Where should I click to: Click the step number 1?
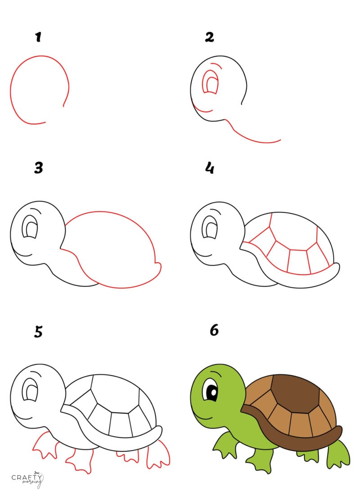39,37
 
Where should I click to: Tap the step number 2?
209,37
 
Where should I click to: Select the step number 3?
39,168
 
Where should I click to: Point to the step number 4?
209,168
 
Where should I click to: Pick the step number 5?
39,332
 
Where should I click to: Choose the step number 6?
214,330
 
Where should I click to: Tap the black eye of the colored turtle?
211,393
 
